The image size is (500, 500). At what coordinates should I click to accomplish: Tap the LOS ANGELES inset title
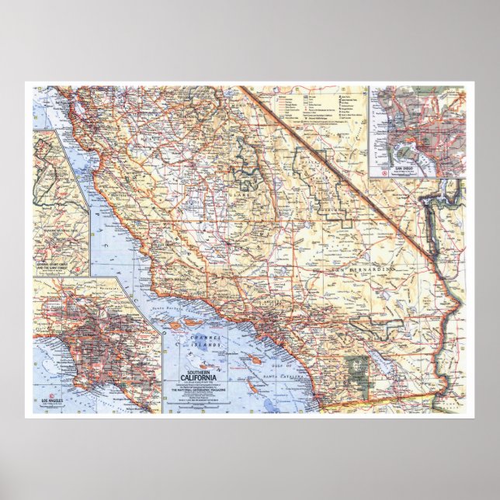(x=51, y=401)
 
